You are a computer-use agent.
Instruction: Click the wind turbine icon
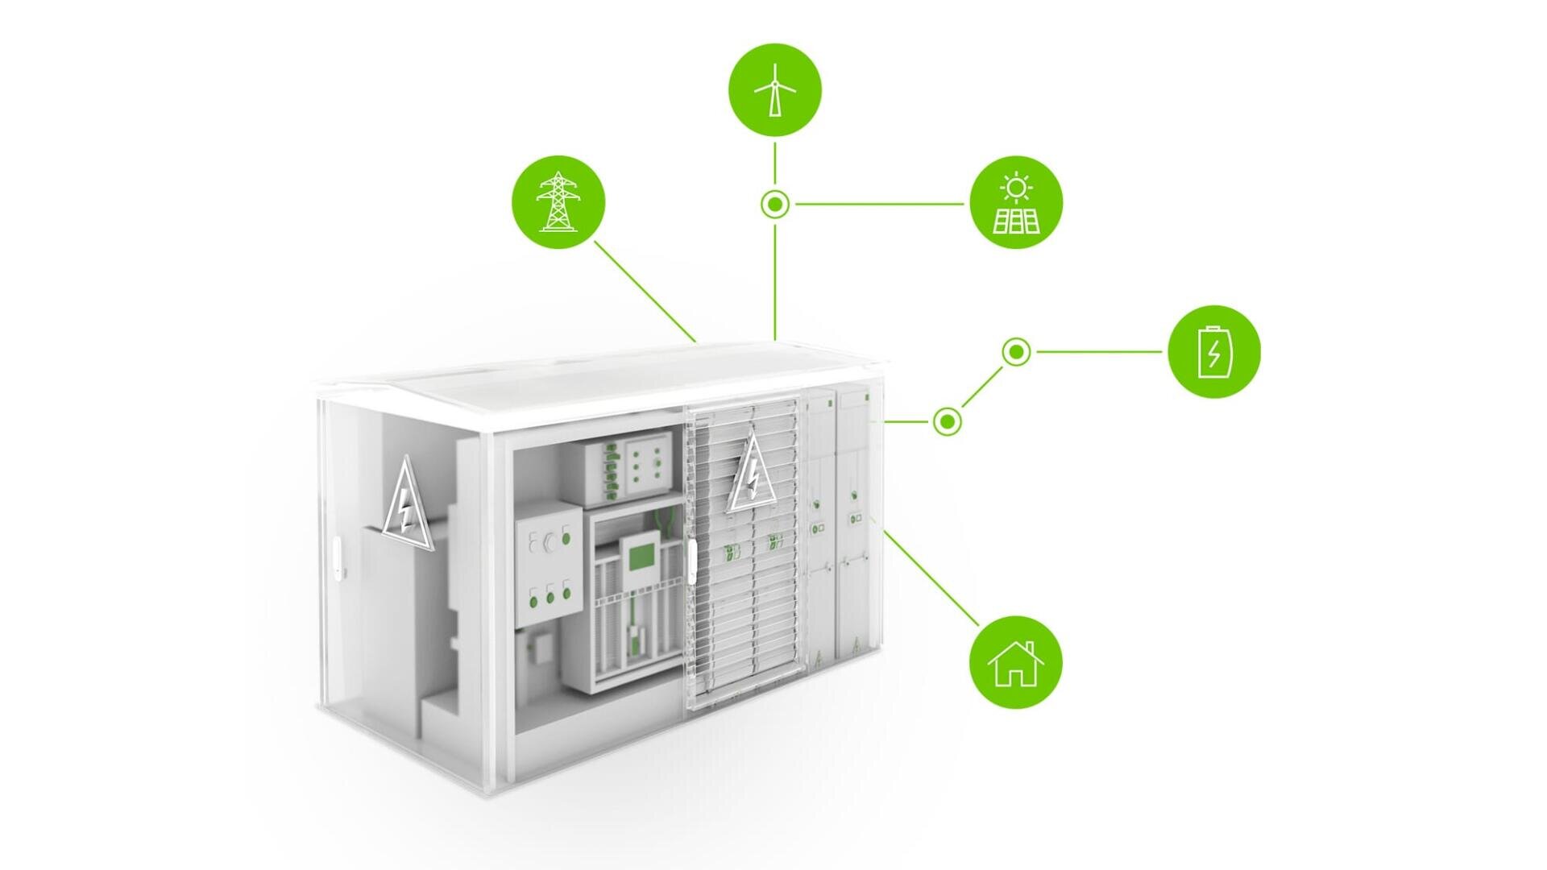point(774,89)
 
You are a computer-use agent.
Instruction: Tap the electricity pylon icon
point(558,201)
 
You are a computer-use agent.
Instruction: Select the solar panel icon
point(1016,202)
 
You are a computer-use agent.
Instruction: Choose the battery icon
point(1213,351)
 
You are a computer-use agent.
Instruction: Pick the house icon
point(1015,662)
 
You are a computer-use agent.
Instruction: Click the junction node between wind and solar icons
point(775,205)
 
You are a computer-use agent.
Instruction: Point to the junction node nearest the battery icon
point(1016,352)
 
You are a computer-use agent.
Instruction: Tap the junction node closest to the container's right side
point(948,421)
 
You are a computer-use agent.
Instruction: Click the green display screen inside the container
point(642,556)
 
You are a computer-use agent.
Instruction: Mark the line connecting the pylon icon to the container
point(645,291)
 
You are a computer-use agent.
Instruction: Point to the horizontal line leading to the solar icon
point(878,205)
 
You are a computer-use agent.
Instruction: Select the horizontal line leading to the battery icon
point(1100,352)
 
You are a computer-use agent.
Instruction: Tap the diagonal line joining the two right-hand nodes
point(982,387)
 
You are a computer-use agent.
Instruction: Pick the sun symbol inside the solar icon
point(1016,188)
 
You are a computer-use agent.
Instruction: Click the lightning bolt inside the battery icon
point(1213,354)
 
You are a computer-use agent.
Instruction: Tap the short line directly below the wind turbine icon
point(775,164)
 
